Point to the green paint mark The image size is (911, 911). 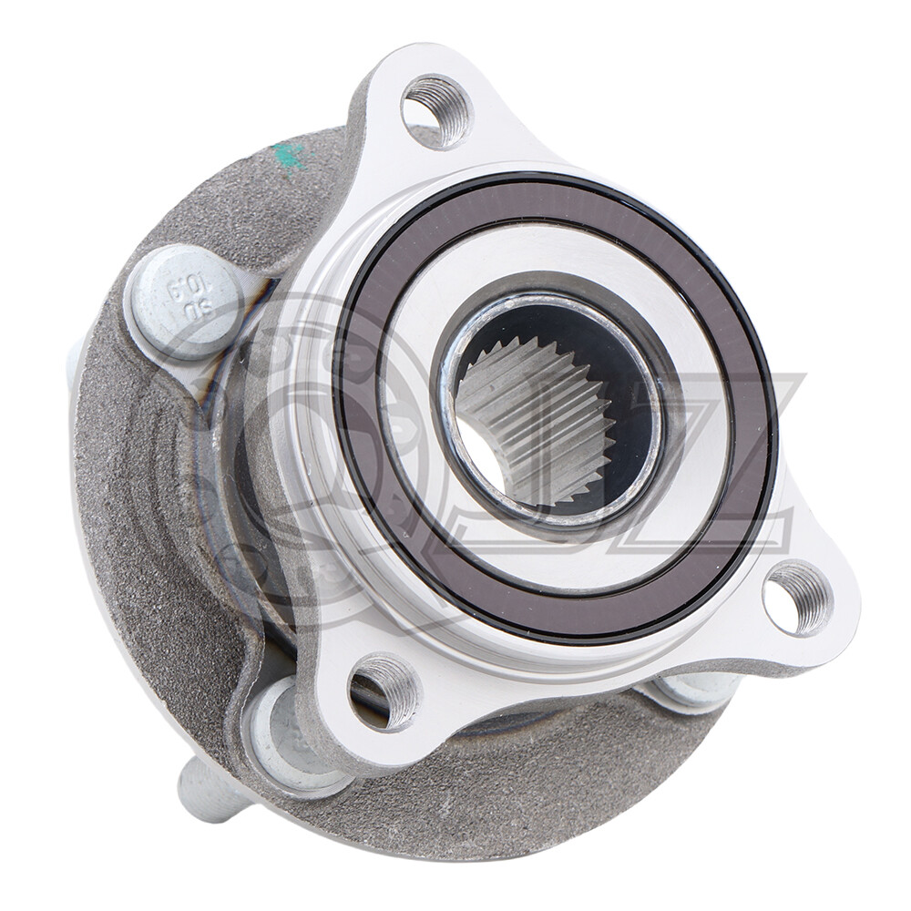pos(290,156)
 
